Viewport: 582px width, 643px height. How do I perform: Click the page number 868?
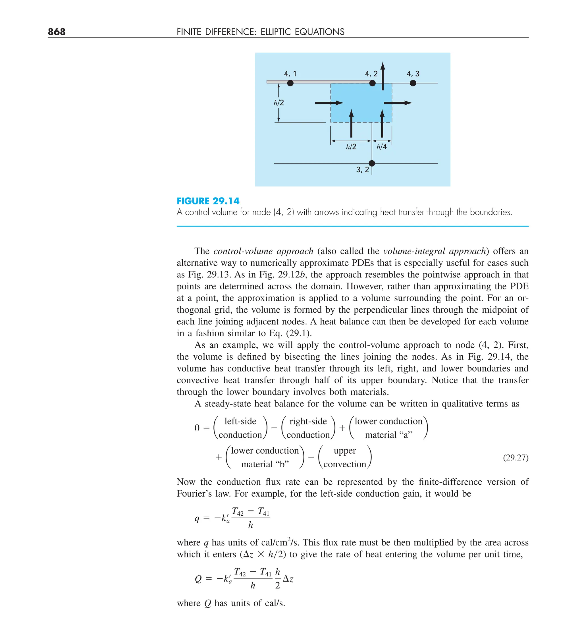(57, 32)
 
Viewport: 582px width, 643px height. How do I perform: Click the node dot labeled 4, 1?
(290, 83)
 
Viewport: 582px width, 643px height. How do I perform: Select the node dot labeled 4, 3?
(413, 83)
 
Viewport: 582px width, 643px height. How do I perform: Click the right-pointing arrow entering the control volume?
(329, 103)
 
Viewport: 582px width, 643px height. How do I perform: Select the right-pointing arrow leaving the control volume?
(398, 103)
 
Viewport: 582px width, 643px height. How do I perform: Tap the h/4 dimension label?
(381, 147)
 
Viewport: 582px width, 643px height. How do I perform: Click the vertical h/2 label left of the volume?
(279, 103)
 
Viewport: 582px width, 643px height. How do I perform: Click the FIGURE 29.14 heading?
(208, 201)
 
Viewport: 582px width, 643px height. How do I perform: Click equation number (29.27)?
(516, 457)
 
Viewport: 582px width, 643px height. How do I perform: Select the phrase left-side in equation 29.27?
(240, 421)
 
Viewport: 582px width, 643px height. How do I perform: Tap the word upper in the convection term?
(345, 450)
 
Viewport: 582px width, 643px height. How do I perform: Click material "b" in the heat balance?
(265, 464)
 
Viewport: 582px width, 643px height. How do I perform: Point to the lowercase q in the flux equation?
(197, 518)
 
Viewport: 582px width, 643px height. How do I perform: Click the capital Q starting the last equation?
(198, 578)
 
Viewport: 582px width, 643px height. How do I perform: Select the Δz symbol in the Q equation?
(288, 578)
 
